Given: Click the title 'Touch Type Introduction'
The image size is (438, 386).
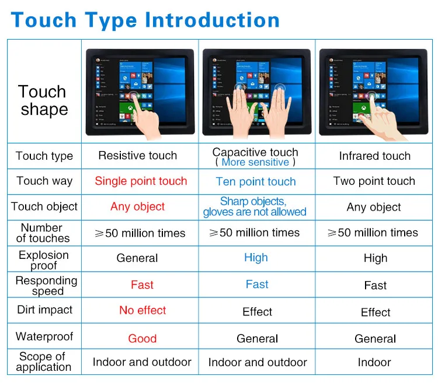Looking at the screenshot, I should [x=145, y=20].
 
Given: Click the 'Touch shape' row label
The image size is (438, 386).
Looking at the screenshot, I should [x=42, y=100].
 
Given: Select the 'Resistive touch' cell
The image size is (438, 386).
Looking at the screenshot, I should [x=137, y=156].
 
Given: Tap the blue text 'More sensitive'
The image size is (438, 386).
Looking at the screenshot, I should [x=255, y=162].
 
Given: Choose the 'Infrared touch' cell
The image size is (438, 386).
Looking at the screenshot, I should [x=374, y=156].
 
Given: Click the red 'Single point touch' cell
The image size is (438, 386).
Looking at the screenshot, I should [x=141, y=181].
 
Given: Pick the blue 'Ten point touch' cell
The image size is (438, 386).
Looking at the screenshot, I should [x=256, y=182].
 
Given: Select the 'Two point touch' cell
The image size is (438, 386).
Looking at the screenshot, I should [x=374, y=181].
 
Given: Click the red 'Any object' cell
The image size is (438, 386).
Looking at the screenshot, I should [x=137, y=207].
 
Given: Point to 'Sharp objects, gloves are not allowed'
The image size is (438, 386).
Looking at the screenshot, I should [x=255, y=206].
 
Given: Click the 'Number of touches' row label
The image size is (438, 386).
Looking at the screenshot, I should [x=43, y=233].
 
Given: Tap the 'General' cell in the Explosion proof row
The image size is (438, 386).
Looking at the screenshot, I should [x=137, y=258].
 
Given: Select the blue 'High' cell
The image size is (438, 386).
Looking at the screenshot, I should [x=256, y=258].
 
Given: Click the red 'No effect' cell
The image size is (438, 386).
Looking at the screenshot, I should [x=142, y=310].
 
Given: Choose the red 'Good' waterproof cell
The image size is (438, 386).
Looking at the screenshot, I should [x=142, y=339].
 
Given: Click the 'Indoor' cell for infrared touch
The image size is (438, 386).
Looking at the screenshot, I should [x=374, y=362].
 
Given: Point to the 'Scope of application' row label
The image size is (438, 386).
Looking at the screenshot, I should [x=43, y=362].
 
